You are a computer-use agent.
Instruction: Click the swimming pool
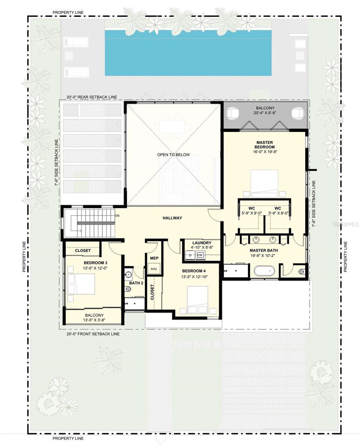188,53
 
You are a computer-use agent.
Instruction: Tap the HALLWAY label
172,218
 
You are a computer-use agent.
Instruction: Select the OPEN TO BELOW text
173,155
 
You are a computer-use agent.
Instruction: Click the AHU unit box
154,268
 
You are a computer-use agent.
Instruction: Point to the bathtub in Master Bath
264,271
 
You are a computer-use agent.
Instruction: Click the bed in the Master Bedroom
264,183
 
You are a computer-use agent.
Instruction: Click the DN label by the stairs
118,216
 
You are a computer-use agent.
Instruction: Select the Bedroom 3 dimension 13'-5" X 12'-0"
95,268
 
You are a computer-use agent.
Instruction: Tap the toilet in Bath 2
128,289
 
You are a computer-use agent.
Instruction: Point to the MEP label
154,258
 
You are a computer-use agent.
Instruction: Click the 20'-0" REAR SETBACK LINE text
92,97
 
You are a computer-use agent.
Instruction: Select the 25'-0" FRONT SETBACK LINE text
93,334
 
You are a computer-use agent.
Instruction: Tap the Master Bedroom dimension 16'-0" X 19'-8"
265,152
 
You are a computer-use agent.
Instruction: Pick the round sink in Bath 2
128,275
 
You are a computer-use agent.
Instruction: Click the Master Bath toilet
301,271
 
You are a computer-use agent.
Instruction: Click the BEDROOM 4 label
194,271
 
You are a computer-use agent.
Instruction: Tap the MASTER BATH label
264,251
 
